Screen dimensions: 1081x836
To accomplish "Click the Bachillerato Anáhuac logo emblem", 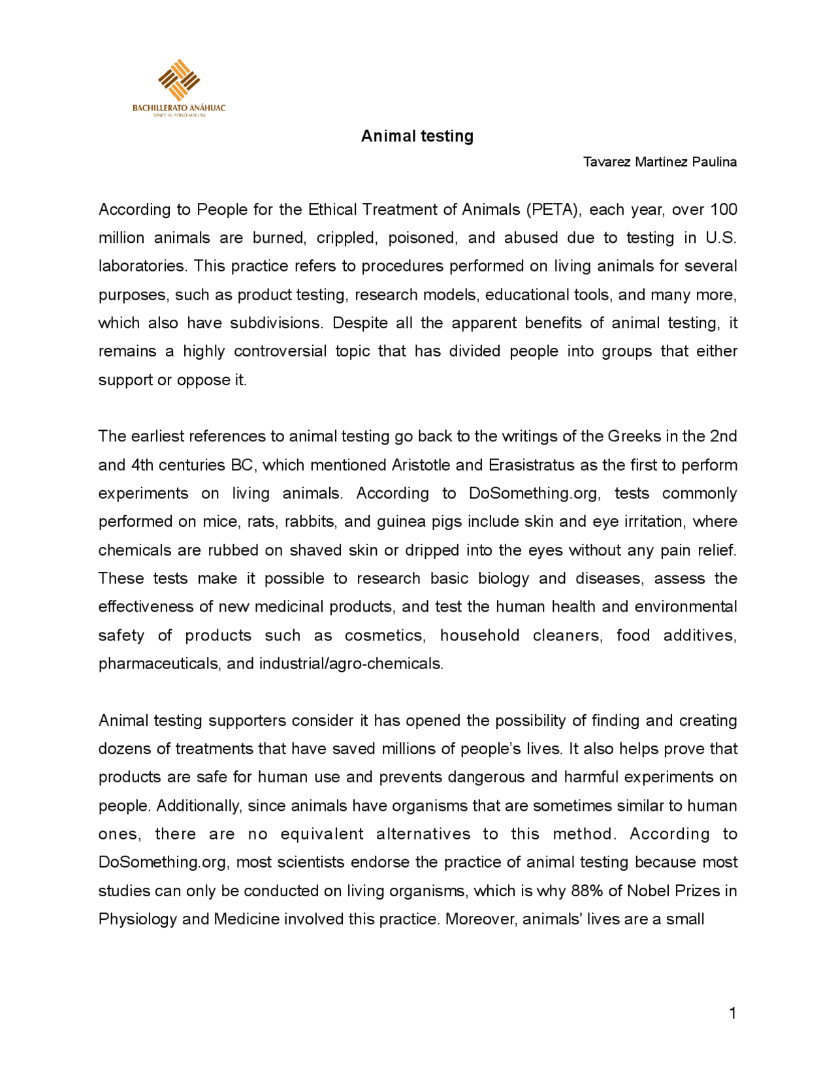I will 178,80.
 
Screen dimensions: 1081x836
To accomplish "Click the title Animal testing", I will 417,136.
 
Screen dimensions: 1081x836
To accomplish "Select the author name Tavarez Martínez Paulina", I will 660,162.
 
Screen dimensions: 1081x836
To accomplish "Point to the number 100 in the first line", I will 723,210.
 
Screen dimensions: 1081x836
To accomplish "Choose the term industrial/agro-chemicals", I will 351,664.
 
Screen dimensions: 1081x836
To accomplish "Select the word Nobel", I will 648,890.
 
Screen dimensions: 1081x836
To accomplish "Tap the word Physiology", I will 137,919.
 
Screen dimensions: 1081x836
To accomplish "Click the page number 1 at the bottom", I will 732,1013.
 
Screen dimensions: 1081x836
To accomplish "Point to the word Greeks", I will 634,436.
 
